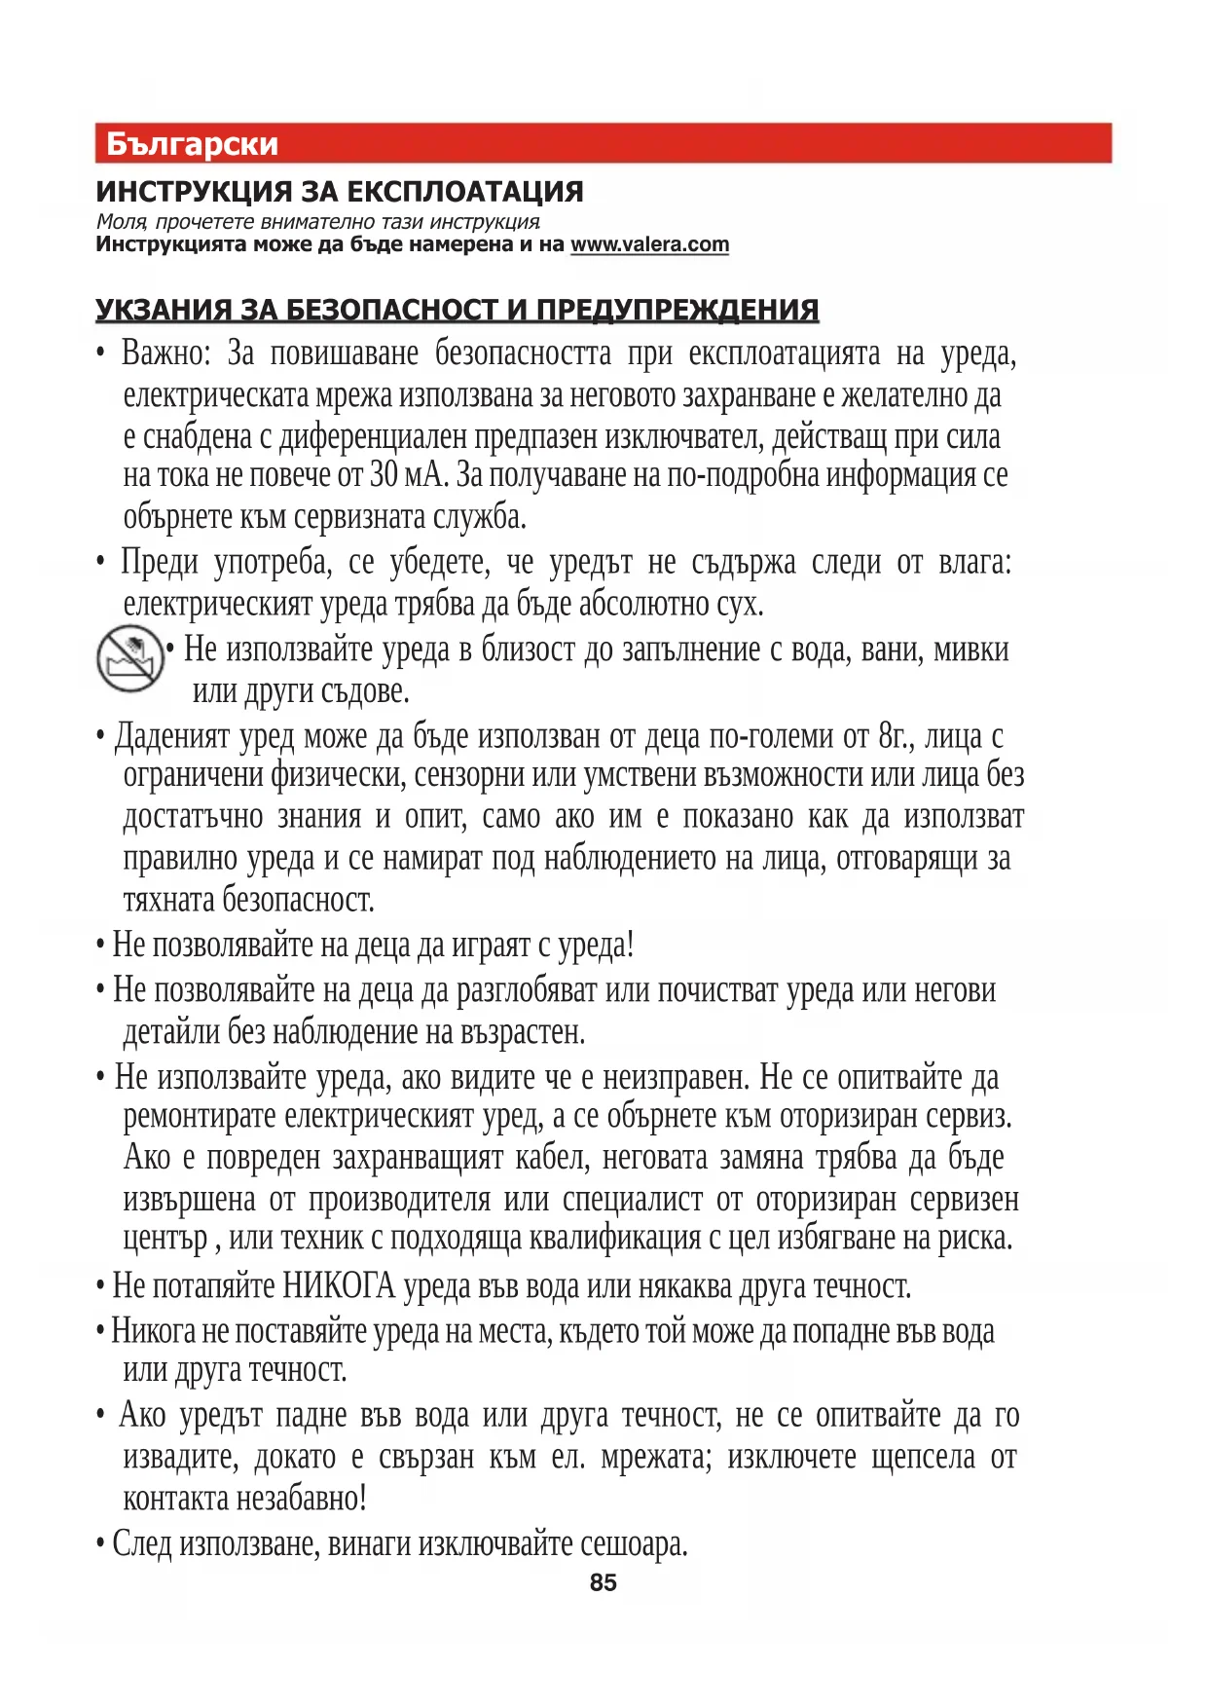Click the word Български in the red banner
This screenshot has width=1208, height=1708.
click(x=192, y=144)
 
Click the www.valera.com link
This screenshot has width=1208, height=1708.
click(x=649, y=244)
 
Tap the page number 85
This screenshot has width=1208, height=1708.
click(x=604, y=1582)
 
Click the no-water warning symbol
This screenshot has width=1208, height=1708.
click(x=128, y=658)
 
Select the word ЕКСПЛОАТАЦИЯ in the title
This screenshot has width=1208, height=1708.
click(x=465, y=192)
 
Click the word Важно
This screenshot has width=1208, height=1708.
click(x=165, y=353)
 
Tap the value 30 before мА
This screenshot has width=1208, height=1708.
click(x=384, y=476)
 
